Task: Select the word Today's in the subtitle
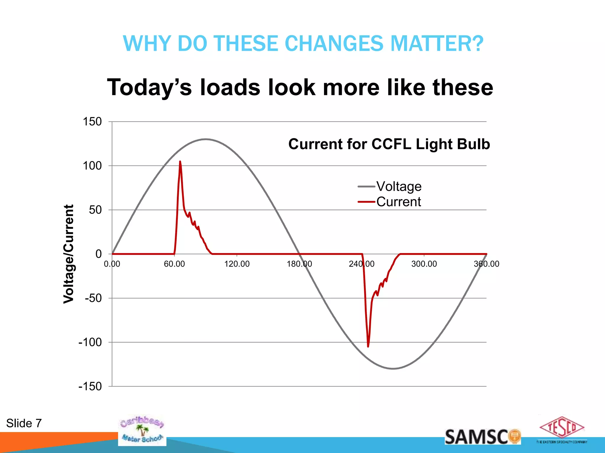click(x=149, y=88)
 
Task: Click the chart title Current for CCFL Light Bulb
click(x=389, y=144)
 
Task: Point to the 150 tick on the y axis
click(x=92, y=122)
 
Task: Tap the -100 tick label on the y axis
click(x=90, y=342)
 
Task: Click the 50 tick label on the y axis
click(x=95, y=210)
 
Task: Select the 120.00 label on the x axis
click(x=237, y=264)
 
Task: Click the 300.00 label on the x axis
click(x=424, y=264)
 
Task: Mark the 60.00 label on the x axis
click(x=174, y=264)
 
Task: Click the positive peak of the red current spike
click(x=180, y=162)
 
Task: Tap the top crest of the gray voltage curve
click(x=206, y=139)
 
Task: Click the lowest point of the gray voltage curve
click(x=393, y=369)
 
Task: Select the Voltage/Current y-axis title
click(x=69, y=254)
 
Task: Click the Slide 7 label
click(x=24, y=423)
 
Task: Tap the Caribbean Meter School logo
click(x=142, y=430)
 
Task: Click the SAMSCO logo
click(x=482, y=437)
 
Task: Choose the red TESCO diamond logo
click(x=562, y=427)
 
